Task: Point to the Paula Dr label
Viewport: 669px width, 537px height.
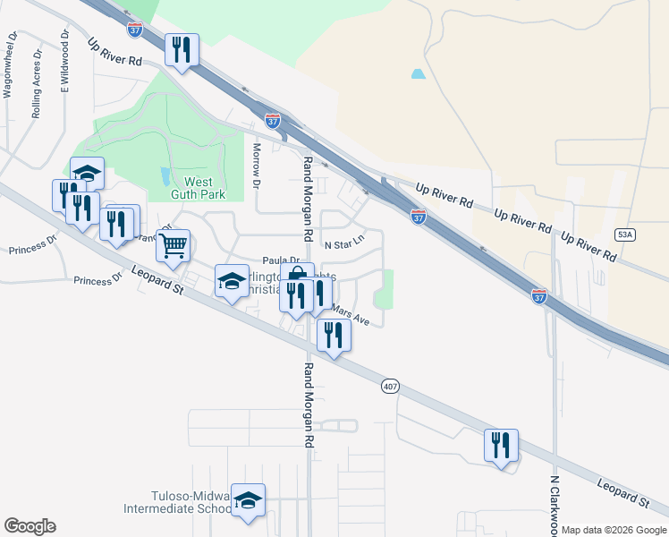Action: [280, 260]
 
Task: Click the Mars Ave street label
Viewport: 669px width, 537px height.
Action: [350, 313]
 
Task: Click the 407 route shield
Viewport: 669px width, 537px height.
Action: [389, 387]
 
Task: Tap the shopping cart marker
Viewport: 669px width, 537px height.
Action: [173, 243]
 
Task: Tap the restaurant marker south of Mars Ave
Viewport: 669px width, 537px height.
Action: [333, 335]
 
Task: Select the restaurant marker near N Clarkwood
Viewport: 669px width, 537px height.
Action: [501, 445]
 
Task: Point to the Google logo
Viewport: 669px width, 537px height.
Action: [30, 526]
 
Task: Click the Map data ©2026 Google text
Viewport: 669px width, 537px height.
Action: [614, 530]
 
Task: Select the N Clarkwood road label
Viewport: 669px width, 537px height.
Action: [555, 507]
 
